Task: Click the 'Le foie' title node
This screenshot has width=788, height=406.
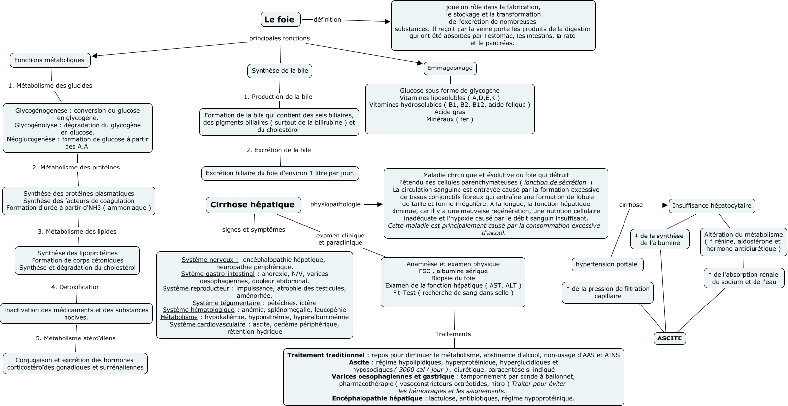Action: click(280, 20)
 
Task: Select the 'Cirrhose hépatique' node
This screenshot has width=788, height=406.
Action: click(253, 205)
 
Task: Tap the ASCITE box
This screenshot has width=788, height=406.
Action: click(670, 338)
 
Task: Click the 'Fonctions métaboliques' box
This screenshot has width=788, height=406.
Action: click(50, 60)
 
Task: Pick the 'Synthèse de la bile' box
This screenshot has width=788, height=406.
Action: click(280, 71)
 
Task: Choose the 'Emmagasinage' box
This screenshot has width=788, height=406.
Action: click(450, 68)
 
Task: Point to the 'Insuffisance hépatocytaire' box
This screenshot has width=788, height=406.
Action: click(712, 206)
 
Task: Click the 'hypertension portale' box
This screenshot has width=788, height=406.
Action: click(607, 264)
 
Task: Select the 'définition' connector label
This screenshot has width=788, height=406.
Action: click(328, 20)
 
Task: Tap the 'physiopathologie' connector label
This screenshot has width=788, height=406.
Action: click(335, 204)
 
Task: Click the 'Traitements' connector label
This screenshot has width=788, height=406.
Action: click(453, 334)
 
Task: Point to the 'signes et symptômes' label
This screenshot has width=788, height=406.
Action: click(254, 229)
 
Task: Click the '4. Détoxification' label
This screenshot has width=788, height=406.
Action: click(75, 287)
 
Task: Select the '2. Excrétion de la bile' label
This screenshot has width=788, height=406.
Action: click(279, 150)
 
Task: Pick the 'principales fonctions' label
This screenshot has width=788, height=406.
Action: click(279, 38)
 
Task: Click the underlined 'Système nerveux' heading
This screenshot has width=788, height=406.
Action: click(209, 259)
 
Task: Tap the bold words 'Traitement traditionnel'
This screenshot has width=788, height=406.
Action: click(326, 355)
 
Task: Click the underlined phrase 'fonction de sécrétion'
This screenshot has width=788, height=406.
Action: click(555, 182)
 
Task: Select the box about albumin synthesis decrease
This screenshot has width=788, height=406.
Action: click(660, 239)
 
